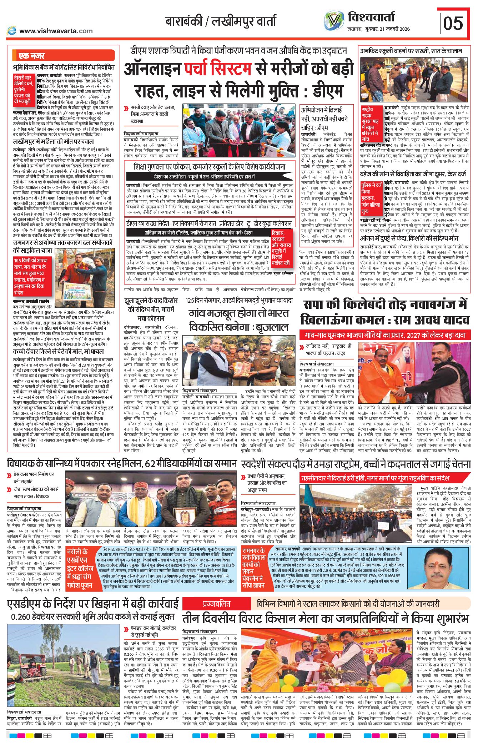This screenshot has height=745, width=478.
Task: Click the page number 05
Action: [453, 23]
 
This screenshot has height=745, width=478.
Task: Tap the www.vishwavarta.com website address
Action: [56, 31]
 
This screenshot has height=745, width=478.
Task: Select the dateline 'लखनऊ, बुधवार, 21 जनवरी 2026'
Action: [378, 29]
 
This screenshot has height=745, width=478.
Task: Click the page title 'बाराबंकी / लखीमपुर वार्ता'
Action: [221, 21]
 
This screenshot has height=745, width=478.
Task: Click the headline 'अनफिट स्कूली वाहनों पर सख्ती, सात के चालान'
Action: [411, 51]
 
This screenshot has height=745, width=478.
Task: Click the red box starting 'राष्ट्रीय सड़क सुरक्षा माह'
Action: [371, 124]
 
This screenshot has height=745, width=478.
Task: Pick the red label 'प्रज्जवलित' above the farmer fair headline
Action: [217, 604]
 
